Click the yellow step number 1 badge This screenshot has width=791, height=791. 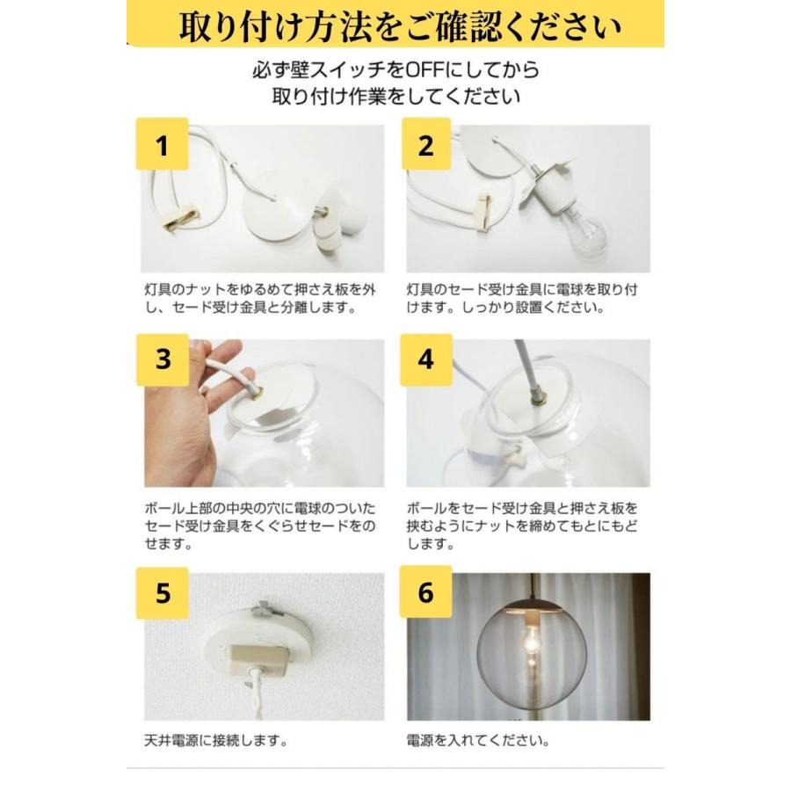162,144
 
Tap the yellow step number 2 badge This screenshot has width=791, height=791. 426,144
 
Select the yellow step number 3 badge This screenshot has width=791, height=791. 163,359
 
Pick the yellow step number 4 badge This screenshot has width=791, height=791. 426,359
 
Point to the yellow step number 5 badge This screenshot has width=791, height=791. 163,593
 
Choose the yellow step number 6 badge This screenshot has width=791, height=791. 425,591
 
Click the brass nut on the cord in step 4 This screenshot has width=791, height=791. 537,401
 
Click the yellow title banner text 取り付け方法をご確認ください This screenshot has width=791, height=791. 400,26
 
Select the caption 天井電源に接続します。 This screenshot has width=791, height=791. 216,740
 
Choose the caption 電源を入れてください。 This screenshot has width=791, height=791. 478,740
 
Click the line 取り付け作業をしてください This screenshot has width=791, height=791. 396,96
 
